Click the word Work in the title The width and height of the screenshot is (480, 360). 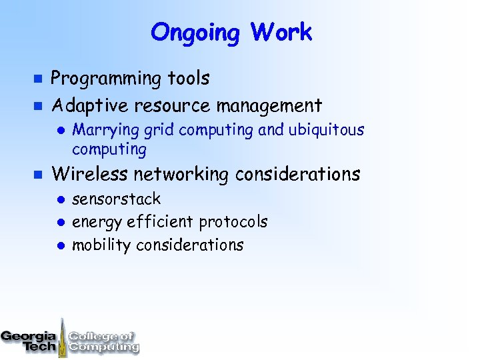coord(281,32)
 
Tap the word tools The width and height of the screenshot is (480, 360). coord(189,79)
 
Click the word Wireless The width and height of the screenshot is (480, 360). coord(90,175)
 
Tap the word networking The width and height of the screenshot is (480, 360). coord(181,175)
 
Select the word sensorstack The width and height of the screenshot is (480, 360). coord(116,199)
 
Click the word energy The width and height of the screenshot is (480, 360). coord(92,222)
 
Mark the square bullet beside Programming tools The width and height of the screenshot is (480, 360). coord(38,79)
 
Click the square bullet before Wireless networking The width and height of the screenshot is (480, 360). coord(38,175)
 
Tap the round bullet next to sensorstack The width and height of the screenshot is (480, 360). coord(59,199)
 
